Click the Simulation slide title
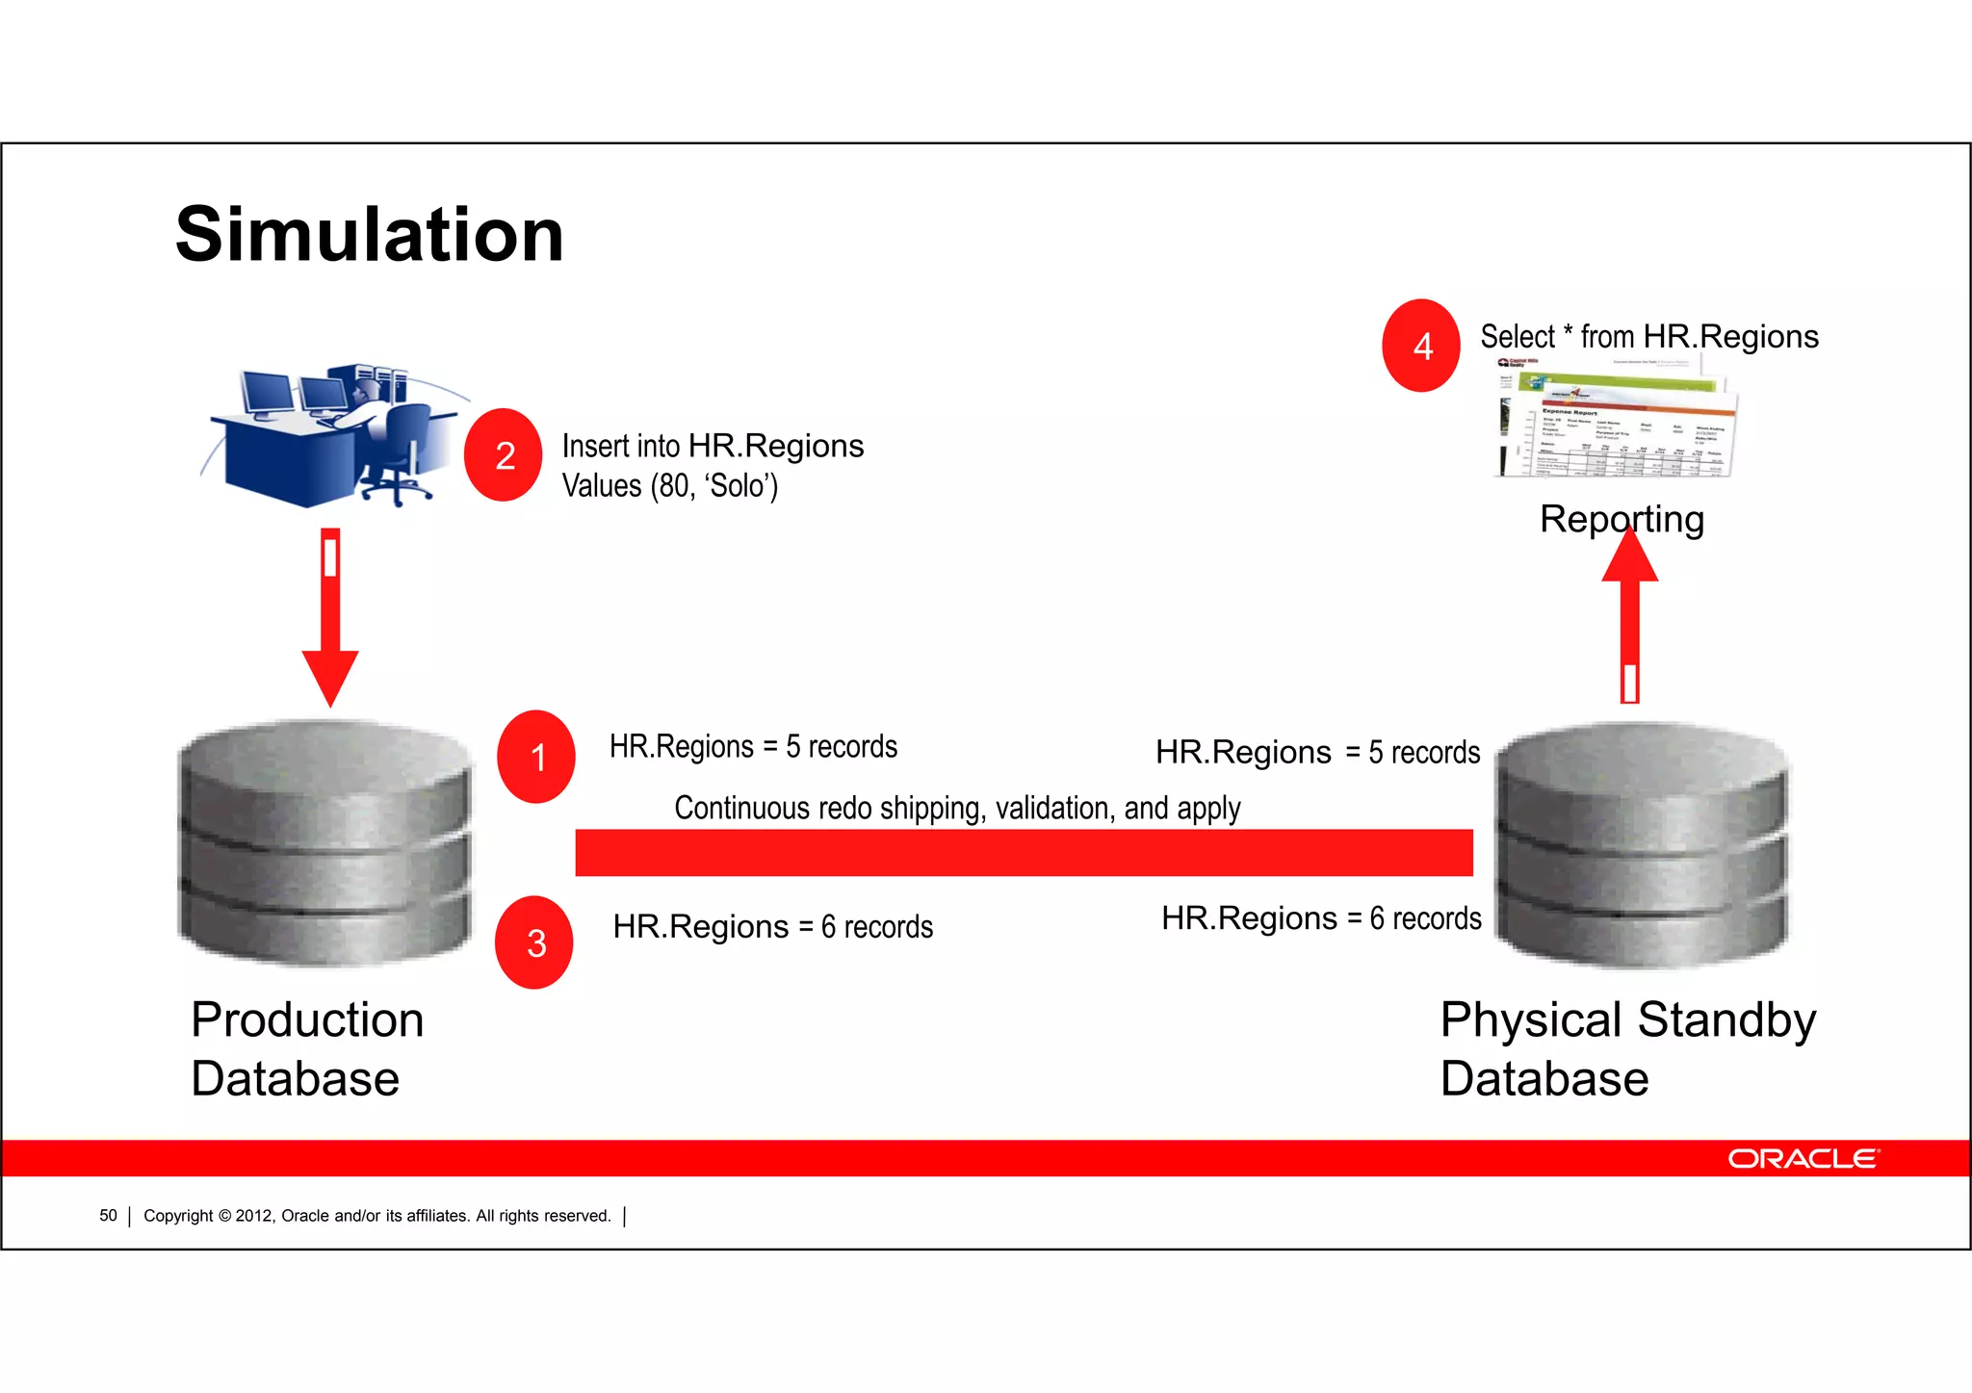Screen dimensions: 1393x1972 pos(369,235)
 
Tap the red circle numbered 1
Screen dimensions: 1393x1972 pos(536,757)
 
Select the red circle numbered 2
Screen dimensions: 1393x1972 pos(504,454)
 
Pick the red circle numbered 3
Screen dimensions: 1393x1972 pos(534,942)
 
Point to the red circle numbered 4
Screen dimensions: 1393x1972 pos(1421,346)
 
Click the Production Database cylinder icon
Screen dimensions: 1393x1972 pos(325,842)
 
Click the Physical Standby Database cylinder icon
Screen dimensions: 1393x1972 pos(1641,845)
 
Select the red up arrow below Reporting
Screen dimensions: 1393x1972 pos(1629,616)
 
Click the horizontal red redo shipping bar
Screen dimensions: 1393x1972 pos(1024,852)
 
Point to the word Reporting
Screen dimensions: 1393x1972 pos(1622,519)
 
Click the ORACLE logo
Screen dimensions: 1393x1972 pos(1803,1158)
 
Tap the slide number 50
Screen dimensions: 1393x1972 pos(108,1216)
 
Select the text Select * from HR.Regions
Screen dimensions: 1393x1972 pos(1648,337)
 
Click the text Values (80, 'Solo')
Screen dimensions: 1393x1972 pos(669,486)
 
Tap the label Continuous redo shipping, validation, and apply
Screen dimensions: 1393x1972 pos(956,808)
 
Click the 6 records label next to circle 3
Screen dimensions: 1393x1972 pos(772,926)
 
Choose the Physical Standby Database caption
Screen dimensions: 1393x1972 pos(1627,1048)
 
